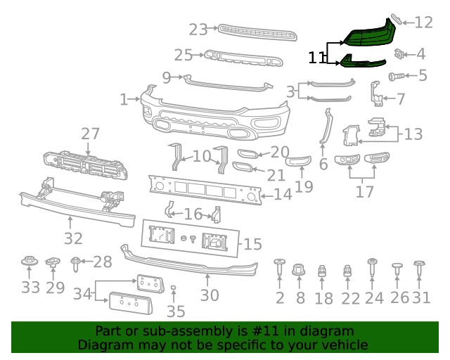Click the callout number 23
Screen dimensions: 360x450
198,30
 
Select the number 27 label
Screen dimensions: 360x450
90,134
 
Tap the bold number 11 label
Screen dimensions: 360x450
317,57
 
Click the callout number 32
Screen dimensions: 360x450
73,238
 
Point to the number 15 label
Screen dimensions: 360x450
252,245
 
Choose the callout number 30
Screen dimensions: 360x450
210,295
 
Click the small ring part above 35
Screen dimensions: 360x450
174,289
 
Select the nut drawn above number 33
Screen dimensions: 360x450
30,263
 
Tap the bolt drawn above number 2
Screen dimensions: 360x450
279,268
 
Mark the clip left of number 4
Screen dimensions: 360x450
400,53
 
